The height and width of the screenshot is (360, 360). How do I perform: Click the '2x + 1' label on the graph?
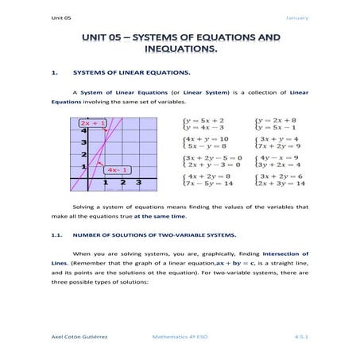(92, 124)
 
